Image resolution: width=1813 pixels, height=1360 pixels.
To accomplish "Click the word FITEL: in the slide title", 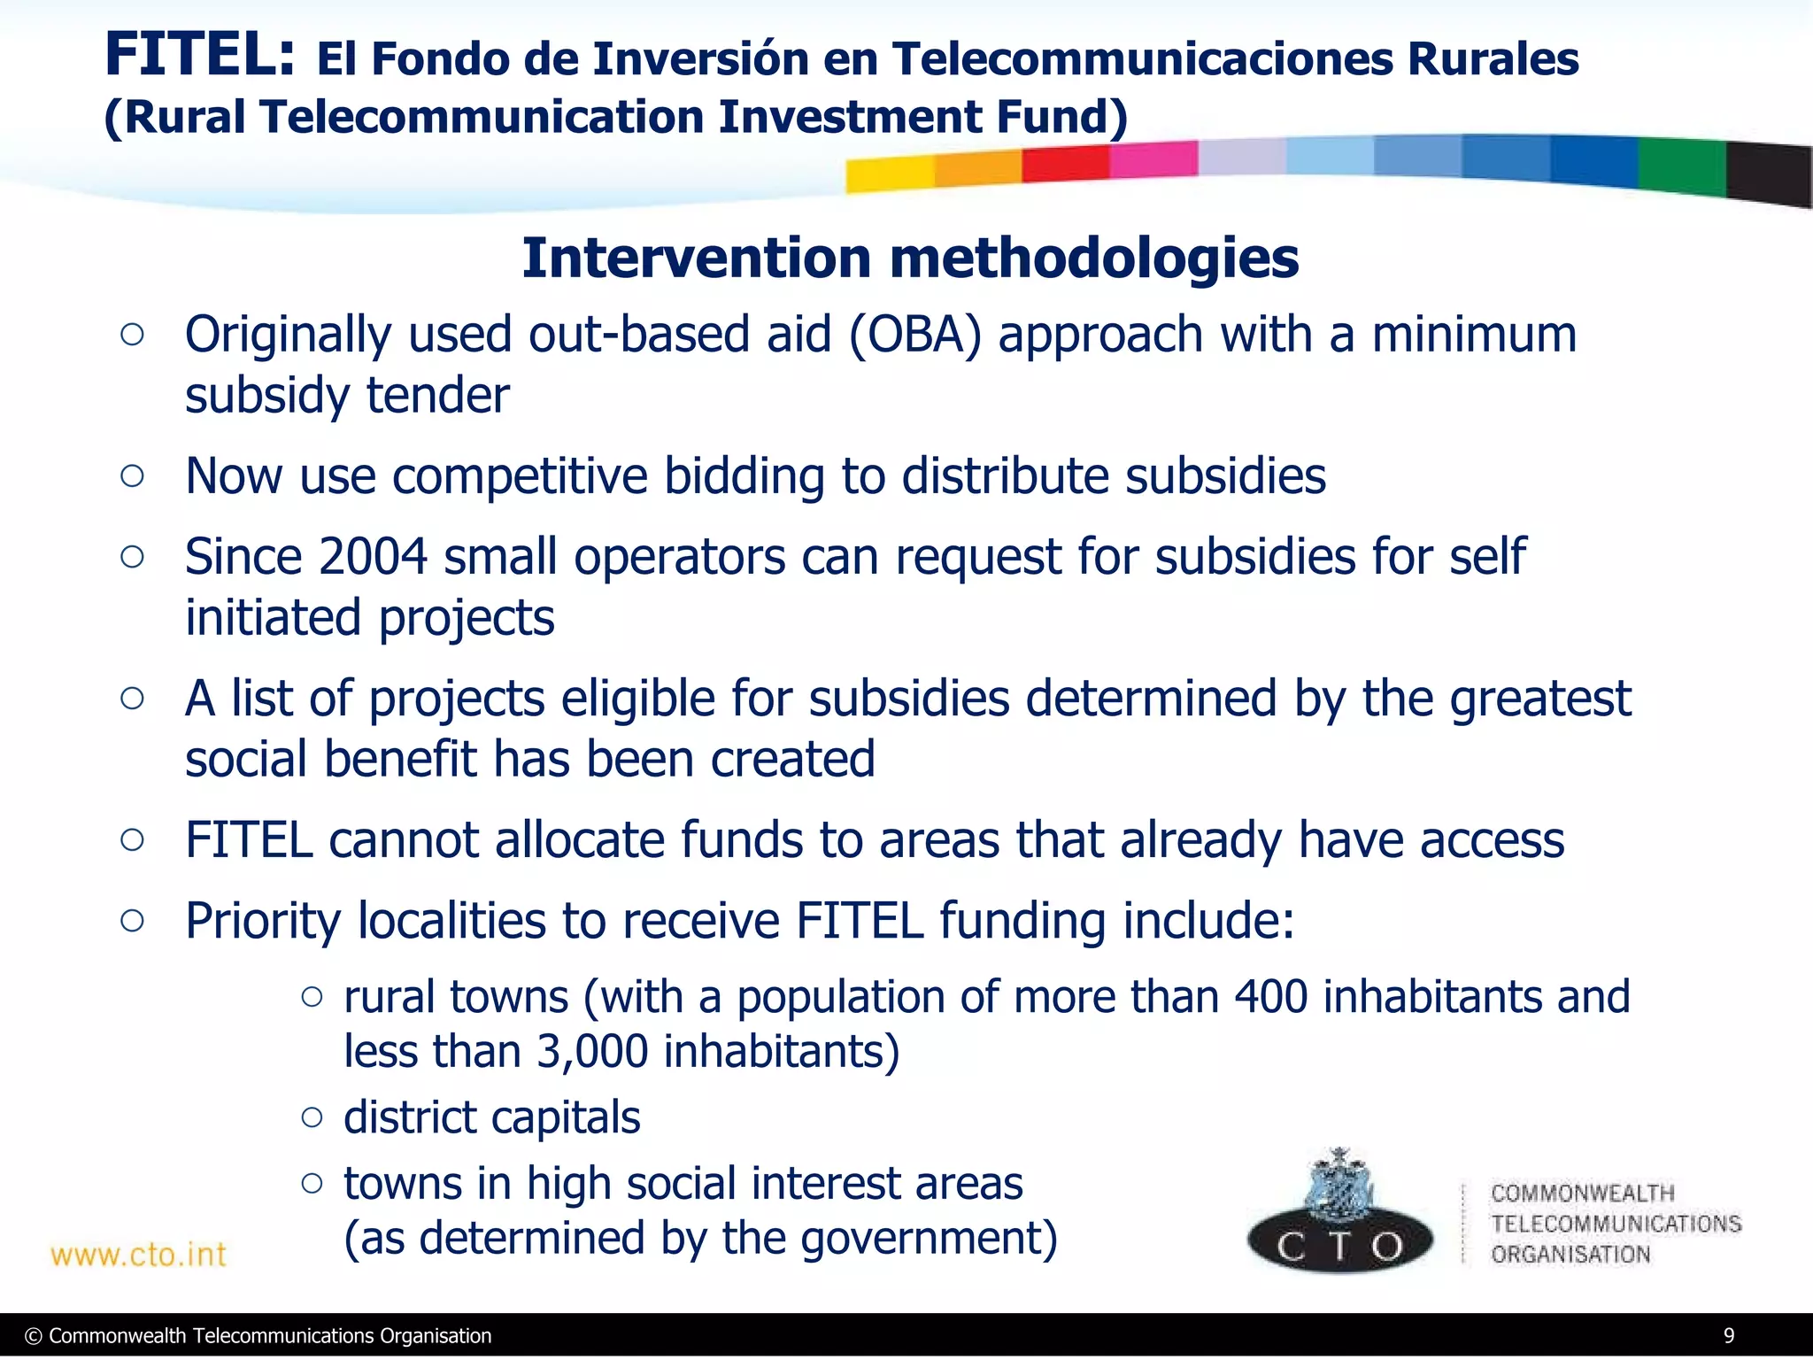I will click(199, 55).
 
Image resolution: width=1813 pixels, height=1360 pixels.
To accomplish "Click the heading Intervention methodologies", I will click(910, 259).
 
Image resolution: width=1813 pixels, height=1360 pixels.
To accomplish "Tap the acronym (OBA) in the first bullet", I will click(915, 336).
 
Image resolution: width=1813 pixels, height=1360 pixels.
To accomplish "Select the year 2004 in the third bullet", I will click(373, 557).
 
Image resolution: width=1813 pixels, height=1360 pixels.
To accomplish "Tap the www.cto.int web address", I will click(138, 1255).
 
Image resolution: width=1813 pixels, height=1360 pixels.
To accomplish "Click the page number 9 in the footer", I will click(1728, 1336).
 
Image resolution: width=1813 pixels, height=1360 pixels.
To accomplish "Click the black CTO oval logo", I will click(1339, 1244).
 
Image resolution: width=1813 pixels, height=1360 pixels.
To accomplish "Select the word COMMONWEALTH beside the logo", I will click(1582, 1194).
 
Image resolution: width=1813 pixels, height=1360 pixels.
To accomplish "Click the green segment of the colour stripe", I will click(1680, 166).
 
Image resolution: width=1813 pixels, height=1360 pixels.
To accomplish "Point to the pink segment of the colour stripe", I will click(1153, 160).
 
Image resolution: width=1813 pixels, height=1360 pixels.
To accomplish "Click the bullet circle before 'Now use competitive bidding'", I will click(132, 476).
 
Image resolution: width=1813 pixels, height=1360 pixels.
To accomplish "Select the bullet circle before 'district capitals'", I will click(312, 1117).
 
